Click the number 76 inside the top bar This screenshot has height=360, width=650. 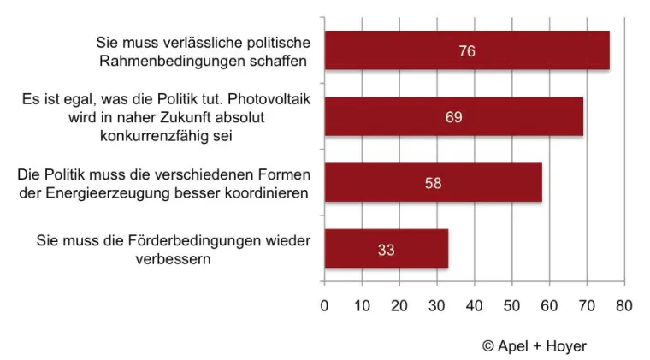466,51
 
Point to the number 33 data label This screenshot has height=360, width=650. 386,250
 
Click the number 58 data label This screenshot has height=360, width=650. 433,183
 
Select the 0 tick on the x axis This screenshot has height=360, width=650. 324,305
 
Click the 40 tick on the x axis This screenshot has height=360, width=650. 475,305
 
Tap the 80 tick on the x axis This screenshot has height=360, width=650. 624,305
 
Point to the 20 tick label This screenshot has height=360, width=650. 399,305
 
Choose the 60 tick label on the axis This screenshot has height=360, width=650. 549,305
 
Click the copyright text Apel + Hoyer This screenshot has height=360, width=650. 535,345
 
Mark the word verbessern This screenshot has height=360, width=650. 174,259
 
